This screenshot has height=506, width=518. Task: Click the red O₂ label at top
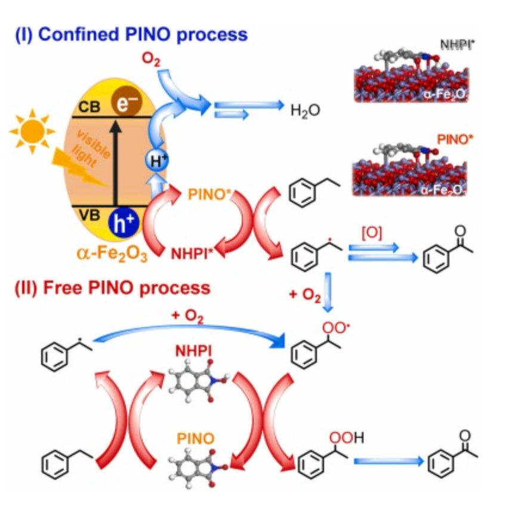tap(151, 59)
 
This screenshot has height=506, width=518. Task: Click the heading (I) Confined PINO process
tap(132, 33)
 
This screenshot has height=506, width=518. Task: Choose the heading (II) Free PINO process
tap(113, 288)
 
